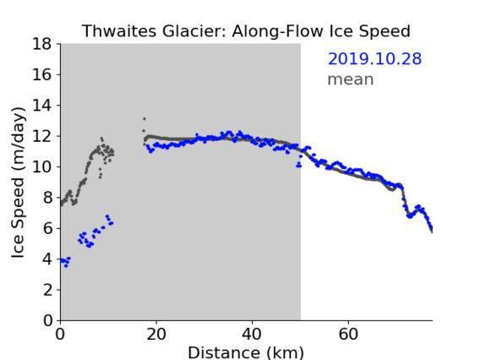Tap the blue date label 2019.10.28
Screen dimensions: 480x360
point(374,59)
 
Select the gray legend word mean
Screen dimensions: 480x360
point(351,79)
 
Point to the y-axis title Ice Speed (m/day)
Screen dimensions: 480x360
point(18,183)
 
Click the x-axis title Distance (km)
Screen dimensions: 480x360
point(246,352)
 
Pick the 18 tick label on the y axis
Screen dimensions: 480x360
point(42,44)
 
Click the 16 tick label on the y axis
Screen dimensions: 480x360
point(42,74)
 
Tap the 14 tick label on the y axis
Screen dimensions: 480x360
point(42,106)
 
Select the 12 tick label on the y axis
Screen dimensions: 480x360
point(42,136)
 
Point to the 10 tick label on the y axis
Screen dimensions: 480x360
point(42,166)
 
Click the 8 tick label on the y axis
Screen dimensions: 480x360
point(47,198)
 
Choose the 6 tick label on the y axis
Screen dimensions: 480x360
point(47,228)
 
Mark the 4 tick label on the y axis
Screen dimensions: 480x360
point(47,259)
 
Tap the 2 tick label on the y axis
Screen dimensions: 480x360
point(47,290)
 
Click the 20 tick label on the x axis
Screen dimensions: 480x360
point(156,334)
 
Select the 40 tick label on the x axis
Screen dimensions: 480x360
point(252,334)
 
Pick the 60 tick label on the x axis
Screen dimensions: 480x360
point(348,334)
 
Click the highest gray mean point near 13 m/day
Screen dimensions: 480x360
point(145,119)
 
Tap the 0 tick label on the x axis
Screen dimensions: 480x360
point(60,334)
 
